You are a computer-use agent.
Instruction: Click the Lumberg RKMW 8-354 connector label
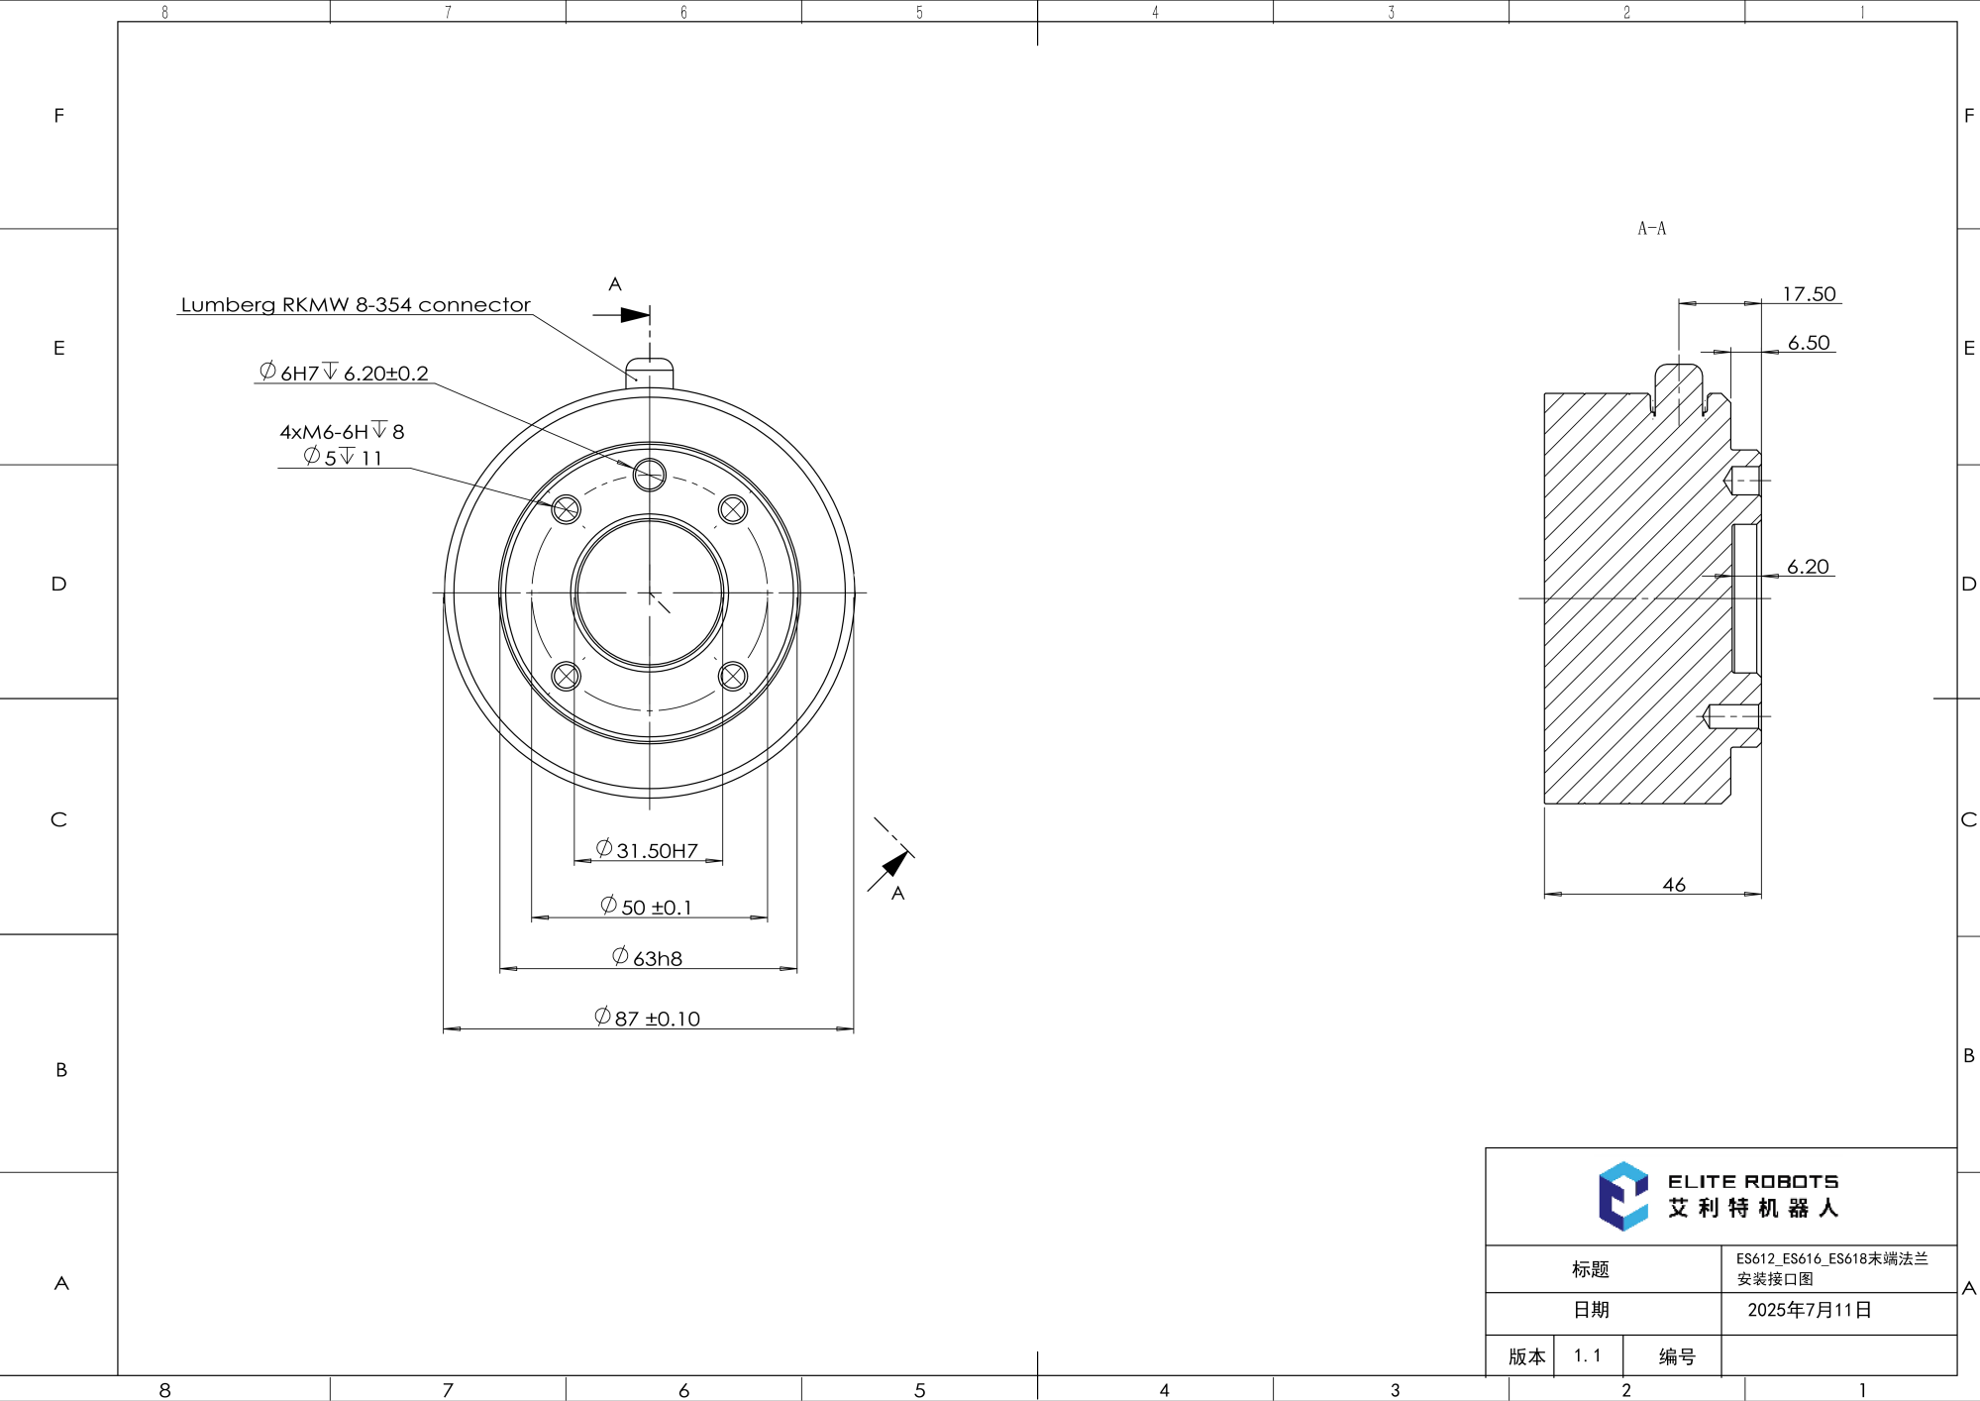tap(355, 304)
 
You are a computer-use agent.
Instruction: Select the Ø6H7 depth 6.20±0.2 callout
tap(344, 373)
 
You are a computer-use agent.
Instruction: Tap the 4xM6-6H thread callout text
tap(342, 431)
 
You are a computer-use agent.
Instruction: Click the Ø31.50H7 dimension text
tap(648, 850)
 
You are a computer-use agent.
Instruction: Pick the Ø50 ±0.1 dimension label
tap(647, 907)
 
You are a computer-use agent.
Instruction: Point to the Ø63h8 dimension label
tap(648, 958)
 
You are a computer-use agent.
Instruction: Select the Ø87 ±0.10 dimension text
tap(648, 1018)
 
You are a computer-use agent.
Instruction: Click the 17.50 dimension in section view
tap(1808, 294)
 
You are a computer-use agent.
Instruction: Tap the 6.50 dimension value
tap(1808, 343)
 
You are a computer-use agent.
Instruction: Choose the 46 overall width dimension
tap(1673, 884)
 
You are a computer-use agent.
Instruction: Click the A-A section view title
tap(1651, 229)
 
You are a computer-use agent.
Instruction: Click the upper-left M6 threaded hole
tap(566, 509)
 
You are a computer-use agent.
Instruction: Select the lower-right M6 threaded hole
tap(733, 676)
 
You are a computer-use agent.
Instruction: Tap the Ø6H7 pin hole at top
tap(650, 475)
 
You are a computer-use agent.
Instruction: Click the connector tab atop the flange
tap(650, 373)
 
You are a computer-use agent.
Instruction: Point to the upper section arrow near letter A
tap(633, 315)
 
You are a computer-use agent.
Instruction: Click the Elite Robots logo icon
tap(1622, 1196)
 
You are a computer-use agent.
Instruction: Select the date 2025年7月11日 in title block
tap(1809, 1310)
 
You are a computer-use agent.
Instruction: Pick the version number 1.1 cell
tap(1587, 1355)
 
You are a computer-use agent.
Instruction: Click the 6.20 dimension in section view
tap(1807, 567)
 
